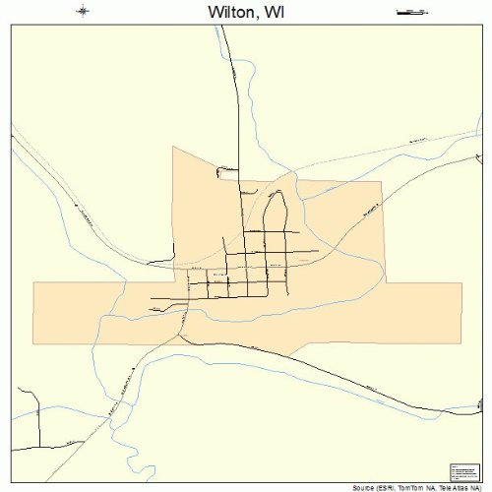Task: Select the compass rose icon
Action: click(x=83, y=12)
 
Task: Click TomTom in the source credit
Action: click(x=412, y=487)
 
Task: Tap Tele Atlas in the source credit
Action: click(x=454, y=487)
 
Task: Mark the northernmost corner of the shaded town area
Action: click(x=173, y=148)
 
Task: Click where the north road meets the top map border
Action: click(x=223, y=27)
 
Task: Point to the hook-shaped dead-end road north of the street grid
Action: click(x=221, y=171)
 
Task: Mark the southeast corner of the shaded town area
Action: click(x=461, y=343)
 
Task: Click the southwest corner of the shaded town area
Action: click(x=33, y=343)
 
